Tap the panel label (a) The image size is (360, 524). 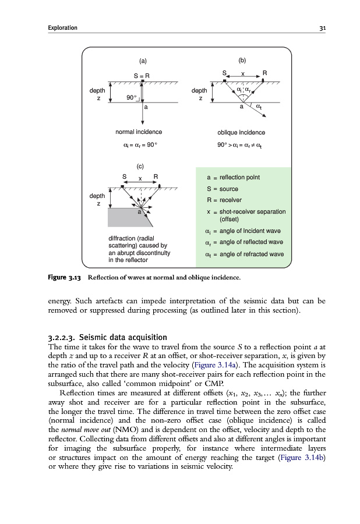[x=142, y=61]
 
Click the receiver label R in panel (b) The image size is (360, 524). [x=264, y=73]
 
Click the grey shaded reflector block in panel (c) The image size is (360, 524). [x=125, y=218]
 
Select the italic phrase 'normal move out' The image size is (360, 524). [x=80, y=442]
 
